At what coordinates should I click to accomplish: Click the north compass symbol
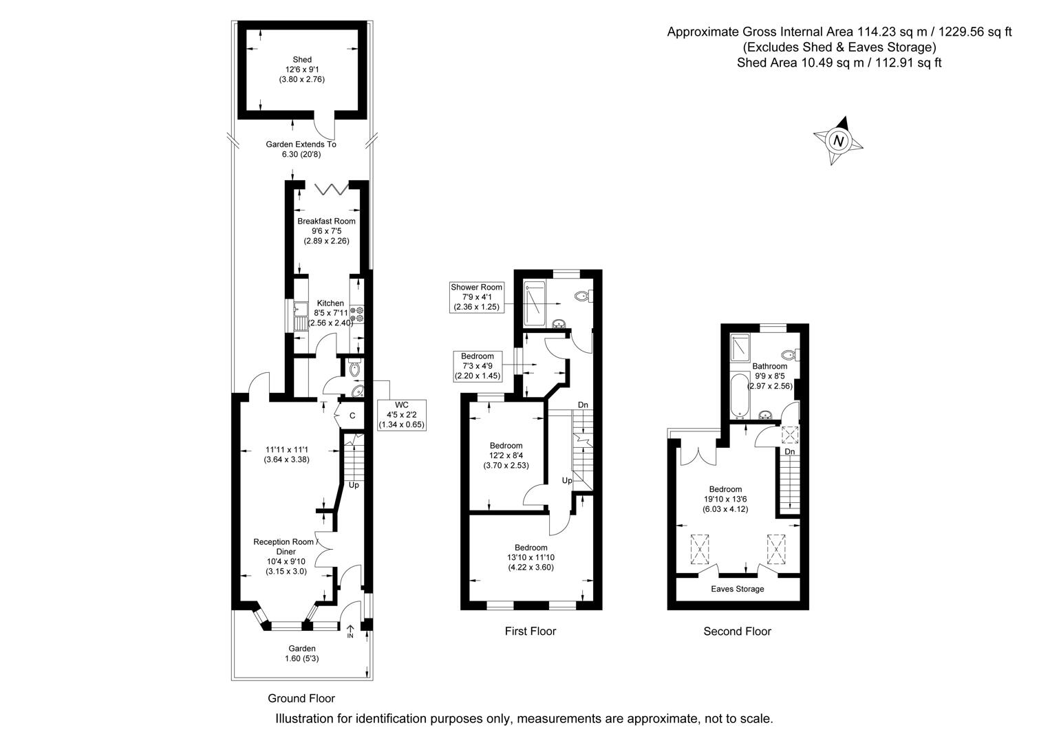pyautogui.click(x=838, y=141)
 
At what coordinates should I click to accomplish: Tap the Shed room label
pyautogui.click(x=301, y=69)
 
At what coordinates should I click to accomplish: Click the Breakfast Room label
pyautogui.click(x=326, y=231)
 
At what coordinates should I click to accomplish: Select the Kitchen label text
pyautogui.click(x=330, y=303)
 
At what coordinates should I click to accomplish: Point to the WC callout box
pyautogui.click(x=402, y=415)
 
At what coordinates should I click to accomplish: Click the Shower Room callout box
pyautogui.click(x=476, y=297)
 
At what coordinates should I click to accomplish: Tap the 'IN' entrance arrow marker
pyautogui.click(x=350, y=630)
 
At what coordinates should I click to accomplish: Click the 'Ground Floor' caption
pyautogui.click(x=301, y=698)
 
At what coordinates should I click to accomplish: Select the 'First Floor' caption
pyautogui.click(x=530, y=631)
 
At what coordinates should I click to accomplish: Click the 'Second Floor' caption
pyautogui.click(x=737, y=631)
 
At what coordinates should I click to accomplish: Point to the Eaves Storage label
pyautogui.click(x=737, y=589)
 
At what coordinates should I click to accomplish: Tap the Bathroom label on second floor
pyautogui.click(x=769, y=376)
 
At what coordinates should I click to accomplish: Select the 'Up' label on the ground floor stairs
pyautogui.click(x=354, y=485)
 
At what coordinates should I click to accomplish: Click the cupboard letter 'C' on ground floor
pyautogui.click(x=352, y=416)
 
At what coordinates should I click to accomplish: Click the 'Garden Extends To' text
pyautogui.click(x=301, y=144)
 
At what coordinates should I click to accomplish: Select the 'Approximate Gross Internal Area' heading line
pyautogui.click(x=839, y=32)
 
